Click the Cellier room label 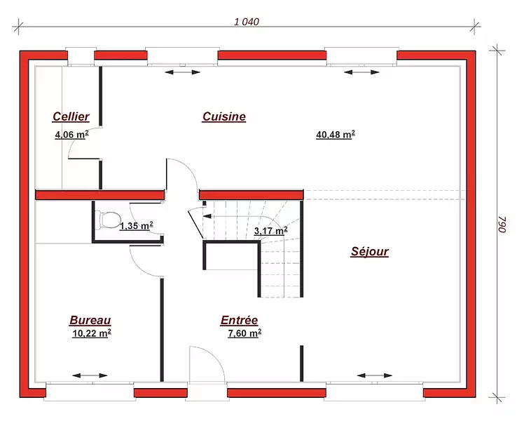(71, 116)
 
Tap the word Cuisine (224, 116)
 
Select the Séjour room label (370, 251)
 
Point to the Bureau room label (90, 320)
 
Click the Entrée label (240, 320)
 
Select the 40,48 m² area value (336, 135)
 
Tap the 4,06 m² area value (72, 135)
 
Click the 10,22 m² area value (92, 333)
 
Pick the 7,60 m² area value (244, 333)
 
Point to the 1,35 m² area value (137, 226)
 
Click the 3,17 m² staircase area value (270, 231)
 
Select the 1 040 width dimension (247, 22)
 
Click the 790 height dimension (502, 225)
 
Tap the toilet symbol (108, 220)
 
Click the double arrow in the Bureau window (90, 375)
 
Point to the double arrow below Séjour (375, 375)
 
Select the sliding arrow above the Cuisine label (182, 72)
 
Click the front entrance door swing (207, 363)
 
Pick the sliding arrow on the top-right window (361, 72)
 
